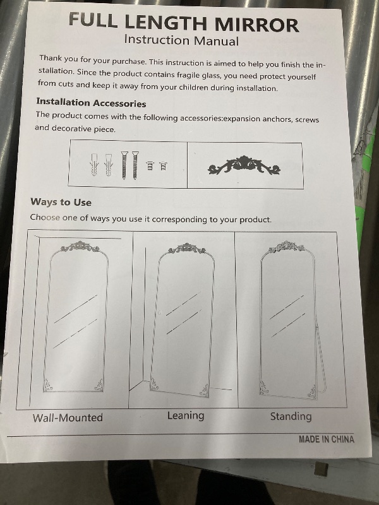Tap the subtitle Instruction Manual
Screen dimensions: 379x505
pyautogui.click(x=181, y=40)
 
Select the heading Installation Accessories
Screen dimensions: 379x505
pyautogui.click(x=91, y=102)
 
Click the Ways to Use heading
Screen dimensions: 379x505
pyautogui.click(x=61, y=202)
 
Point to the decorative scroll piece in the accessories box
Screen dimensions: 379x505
pyautogui.click(x=244, y=166)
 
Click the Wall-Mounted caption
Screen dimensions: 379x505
pyautogui.click(x=68, y=418)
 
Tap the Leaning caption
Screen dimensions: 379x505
pyautogui.click(x=186, y=416)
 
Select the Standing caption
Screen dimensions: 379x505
pyautogui.click(x=291, y=416)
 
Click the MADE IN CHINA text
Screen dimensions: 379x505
pyautogui.click(x=326, y=439)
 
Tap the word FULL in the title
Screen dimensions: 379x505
pyautogui.click(x=93, y=20)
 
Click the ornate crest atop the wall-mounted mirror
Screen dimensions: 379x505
pyautogui.click(x=80, y=247)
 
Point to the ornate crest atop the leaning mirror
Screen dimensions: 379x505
pyautogui.click(x=186, y=248)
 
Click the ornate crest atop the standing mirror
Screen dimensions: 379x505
pyautogui.click(x=287, y=247)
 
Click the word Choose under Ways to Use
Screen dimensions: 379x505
pyautogui.click(x=45, y=217)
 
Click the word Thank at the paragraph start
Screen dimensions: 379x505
pyautogui.click(x=51, y=58)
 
